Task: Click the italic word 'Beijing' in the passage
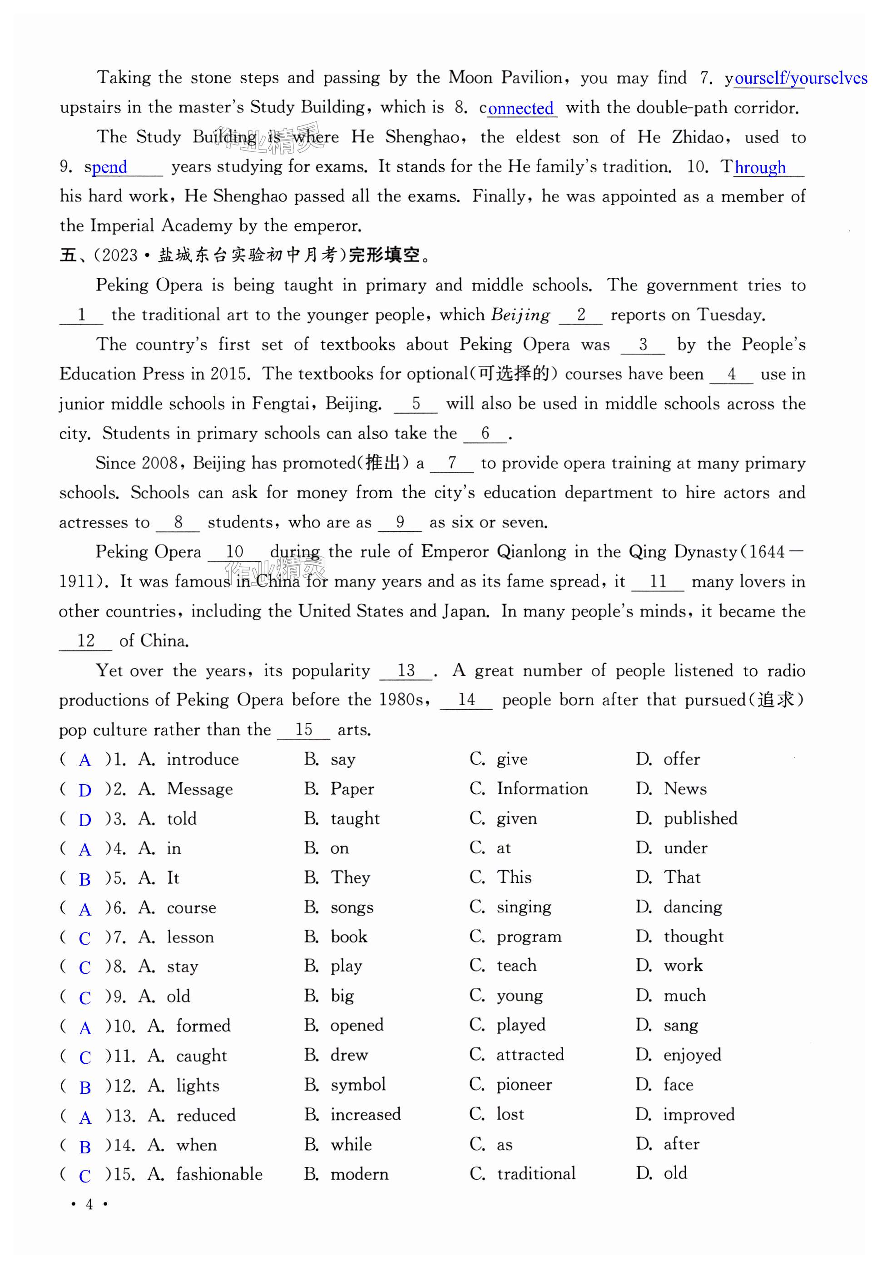pos(520,315)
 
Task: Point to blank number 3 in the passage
pos(642,345)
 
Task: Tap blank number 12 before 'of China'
pos(86,641)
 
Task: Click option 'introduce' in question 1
pos(203,760)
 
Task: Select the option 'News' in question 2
pos(685,789)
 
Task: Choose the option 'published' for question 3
pos(700,818)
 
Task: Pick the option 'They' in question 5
pos(350,878)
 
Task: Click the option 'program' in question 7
pos(529,936)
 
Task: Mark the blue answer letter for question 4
pos(84,850)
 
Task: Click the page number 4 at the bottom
pos(89,1205)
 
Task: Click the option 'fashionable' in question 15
pos(219,1174)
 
